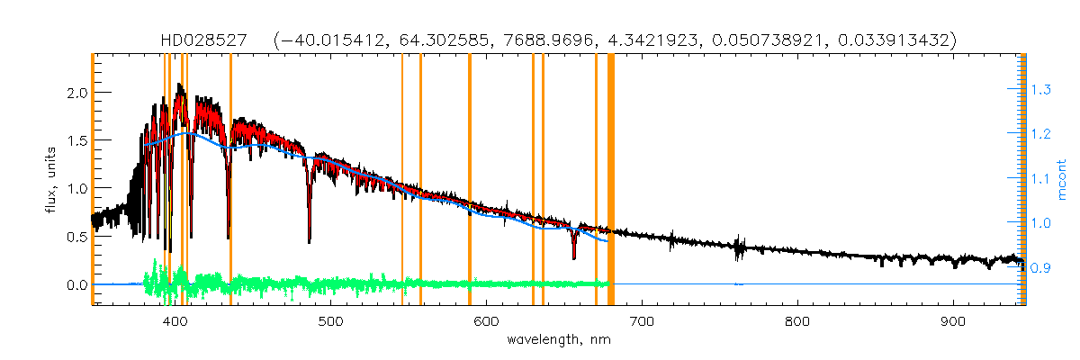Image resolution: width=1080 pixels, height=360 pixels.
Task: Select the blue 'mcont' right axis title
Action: pos(1062,179)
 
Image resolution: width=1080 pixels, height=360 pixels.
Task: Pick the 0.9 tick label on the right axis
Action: pos(1041,267)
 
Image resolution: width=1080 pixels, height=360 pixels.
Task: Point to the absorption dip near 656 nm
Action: pos(574,255)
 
